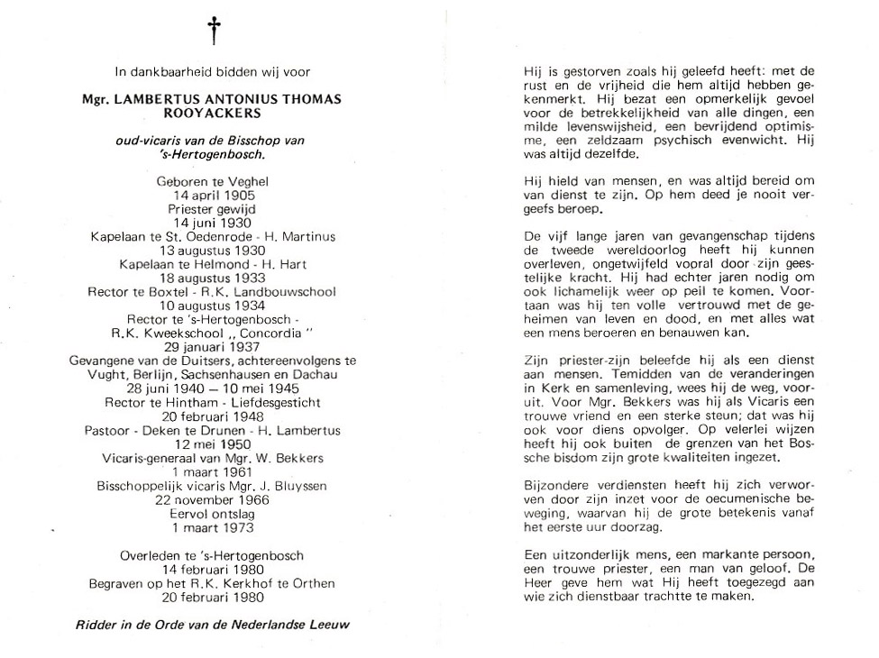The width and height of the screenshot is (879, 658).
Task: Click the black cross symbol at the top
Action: point(215,31)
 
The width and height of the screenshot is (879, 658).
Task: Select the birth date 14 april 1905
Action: point(213,195)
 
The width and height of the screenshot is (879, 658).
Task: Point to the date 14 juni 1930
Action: point(213,223)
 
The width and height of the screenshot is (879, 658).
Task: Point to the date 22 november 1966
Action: point(213,500)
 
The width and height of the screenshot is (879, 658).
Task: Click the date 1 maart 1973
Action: point(213,528)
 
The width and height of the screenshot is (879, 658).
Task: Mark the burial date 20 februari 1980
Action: point(213,597)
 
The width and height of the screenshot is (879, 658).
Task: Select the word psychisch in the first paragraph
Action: point(702,140)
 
